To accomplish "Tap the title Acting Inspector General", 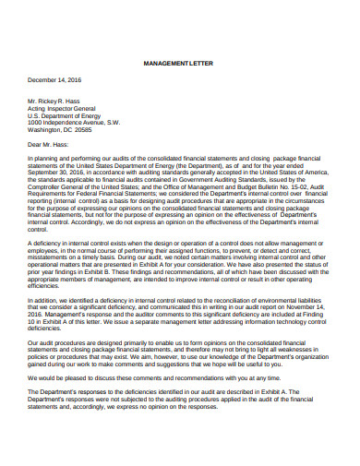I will (66, 108).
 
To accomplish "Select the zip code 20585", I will (104, 130).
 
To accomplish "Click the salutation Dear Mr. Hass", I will (49, 145).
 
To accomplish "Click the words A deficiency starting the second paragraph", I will (47, 240).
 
